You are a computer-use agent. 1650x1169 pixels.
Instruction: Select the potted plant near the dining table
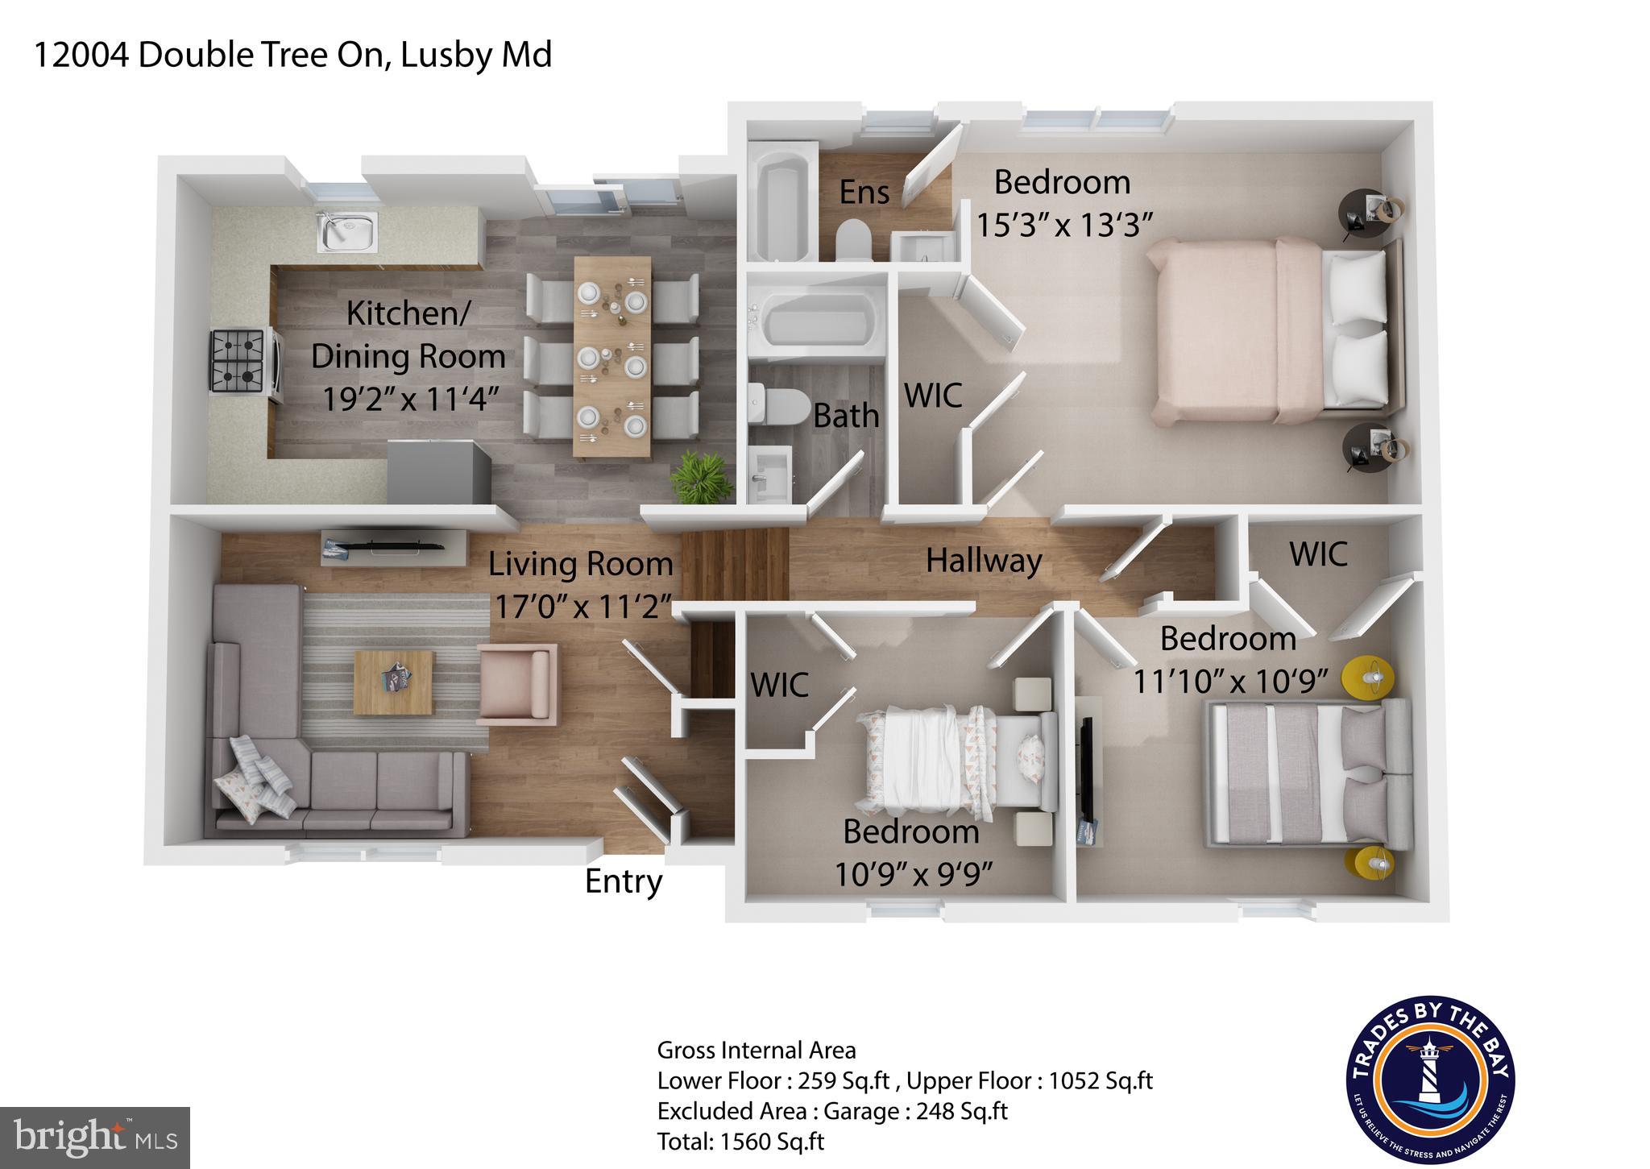coord(703,477)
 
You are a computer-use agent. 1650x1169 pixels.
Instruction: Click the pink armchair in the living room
coord(517,682)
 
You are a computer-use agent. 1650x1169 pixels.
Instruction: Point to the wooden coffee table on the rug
coord(394,682)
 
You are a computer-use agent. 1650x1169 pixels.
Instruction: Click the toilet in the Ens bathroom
coord(853,240)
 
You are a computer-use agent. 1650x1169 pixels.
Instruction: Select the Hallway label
coord(984,561)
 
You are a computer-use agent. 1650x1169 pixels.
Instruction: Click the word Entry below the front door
coord(623,881)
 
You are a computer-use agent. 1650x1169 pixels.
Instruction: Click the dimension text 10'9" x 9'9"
coord(912,874)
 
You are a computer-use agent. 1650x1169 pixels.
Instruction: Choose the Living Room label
coord(580,564)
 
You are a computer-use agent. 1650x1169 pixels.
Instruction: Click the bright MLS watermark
coord(95,1138)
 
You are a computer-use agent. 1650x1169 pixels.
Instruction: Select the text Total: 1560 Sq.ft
coord(740,1142)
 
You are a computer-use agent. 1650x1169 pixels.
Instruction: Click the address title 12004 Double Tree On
coord(292,55)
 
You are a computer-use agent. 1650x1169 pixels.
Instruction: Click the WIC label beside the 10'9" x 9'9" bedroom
coord(779,686)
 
